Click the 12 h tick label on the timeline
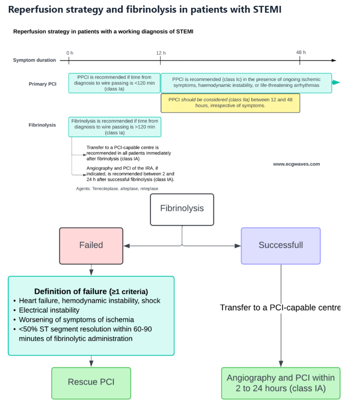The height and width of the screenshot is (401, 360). click(160, 53)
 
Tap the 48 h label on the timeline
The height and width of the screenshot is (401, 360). click(301, 52)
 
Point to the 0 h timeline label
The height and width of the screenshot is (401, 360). click(70, 53)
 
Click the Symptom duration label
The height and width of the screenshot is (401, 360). click(34, 60)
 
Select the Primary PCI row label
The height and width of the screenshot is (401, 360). click(42, 84)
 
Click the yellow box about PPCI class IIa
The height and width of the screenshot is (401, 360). click(230, 103)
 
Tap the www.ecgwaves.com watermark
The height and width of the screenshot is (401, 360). click(296, 164)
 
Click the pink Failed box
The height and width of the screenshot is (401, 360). click(91, 246)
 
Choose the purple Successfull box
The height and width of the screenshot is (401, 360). click(281, 246)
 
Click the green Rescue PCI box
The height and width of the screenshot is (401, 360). click(91, 382)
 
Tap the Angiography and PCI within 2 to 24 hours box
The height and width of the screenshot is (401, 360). click(281, 383)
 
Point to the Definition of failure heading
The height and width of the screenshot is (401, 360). click(91, 291)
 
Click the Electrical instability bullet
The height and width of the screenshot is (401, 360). click(49, 310)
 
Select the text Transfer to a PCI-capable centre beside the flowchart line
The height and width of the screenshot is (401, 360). click(280, 307)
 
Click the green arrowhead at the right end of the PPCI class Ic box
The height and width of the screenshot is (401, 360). click(336, 82)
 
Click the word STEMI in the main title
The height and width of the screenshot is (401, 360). click(264, 9)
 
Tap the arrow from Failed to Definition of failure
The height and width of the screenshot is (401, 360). click(91, 270)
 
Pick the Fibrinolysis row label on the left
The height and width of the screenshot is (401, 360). click(42, 125)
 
